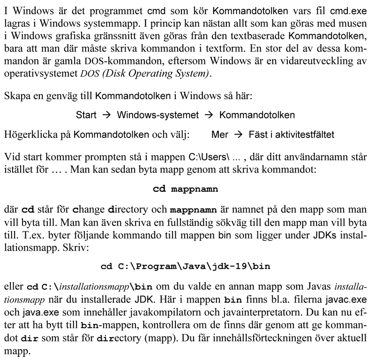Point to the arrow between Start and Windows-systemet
[x=106, y=115]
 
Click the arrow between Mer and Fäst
[x=237, y=135]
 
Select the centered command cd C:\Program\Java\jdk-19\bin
[x=186, y=267]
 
